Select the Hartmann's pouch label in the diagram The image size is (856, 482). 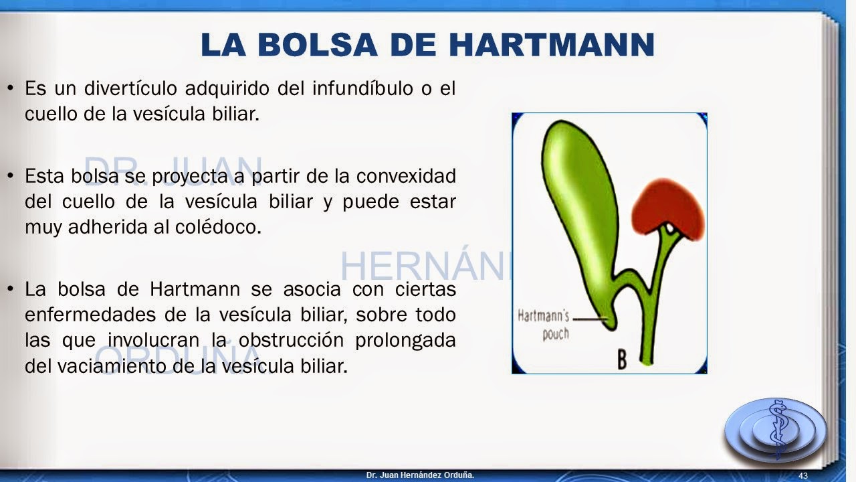tap(542, 324)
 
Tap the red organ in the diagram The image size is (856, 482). tap(667, 208)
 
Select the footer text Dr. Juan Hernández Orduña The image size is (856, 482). tap(420, 475)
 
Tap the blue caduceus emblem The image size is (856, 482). tap(776, 428)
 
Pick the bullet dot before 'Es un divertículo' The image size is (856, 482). tap(10, 88)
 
